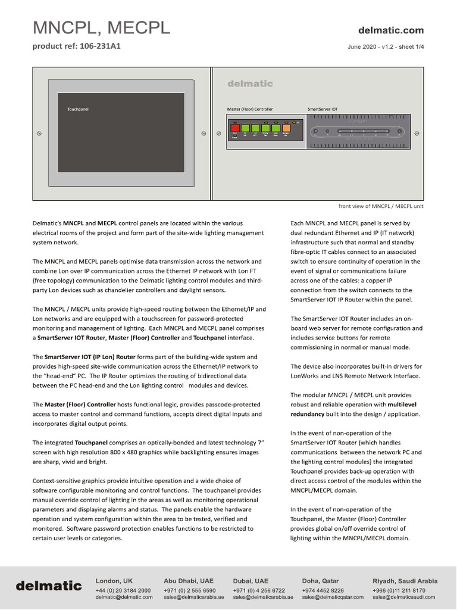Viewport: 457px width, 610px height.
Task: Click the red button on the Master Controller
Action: pos(235,127)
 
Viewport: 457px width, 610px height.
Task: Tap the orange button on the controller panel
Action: pos(286,127)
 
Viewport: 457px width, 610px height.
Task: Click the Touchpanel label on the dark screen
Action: pos(78,110)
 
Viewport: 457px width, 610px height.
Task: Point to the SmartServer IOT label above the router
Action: pos(323,110)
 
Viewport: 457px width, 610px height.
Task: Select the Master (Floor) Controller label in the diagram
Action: pos(250,110)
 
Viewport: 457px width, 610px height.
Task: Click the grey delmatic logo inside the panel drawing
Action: pos(250,84)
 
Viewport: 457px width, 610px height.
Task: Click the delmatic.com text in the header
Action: pos(391,30)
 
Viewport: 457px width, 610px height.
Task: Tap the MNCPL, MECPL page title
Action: pos(101,27)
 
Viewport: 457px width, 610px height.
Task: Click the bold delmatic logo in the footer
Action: pos(49,586)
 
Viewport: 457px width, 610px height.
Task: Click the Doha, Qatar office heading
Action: pos(320,581)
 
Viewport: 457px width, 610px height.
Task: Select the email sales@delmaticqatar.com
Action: pos(332,597)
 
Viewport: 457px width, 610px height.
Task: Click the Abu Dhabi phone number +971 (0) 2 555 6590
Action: pos(189,590)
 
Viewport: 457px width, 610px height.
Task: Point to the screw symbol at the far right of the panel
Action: pos(417,133)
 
